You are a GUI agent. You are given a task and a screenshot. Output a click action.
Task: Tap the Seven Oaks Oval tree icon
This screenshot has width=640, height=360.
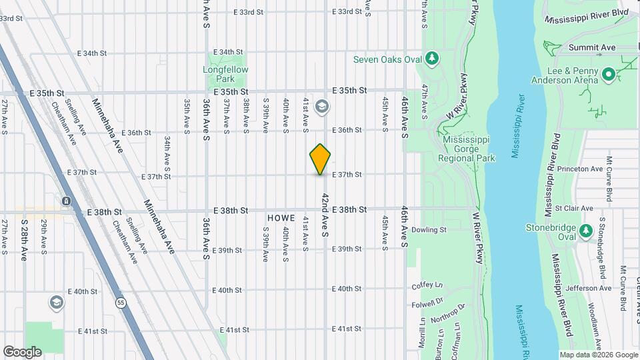pos(433,59)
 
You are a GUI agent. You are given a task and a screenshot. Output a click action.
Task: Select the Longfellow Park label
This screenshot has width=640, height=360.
pos(225,74)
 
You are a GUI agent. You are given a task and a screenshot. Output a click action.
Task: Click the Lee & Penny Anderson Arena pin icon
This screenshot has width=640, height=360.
pos(608,75)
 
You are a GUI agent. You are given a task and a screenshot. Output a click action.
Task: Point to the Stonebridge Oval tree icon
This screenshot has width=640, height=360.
pos(586,231)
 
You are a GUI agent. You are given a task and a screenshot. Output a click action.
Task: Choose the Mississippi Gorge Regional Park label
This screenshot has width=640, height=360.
pos(467,149)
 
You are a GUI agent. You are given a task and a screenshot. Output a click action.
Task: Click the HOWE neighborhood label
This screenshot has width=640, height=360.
pos(281,218)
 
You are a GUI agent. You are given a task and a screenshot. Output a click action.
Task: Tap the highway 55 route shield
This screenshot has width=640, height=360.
pos(121,302)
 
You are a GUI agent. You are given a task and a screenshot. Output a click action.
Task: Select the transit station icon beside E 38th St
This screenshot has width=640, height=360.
pos(66,201)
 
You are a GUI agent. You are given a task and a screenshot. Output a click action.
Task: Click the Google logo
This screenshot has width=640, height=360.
pos(22,351)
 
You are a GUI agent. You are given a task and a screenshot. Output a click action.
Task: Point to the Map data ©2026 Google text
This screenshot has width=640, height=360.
pos(599,355)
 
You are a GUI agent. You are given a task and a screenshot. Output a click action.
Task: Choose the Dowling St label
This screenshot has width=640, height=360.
pos(429,230)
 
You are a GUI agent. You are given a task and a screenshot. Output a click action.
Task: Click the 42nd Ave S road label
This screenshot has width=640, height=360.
pos(325,215)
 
